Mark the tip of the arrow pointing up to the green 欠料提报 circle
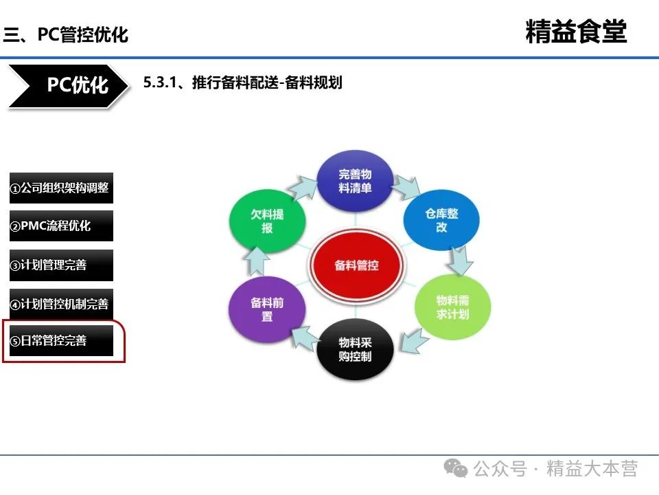coord(257,247)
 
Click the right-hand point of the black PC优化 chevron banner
coord(128,86)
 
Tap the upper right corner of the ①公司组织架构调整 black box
coord(113,173)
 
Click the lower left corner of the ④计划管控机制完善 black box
coord(10,319)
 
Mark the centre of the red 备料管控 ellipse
coord(356,265)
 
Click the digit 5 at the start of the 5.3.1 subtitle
coord(147,82)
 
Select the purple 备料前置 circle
coord(267,309)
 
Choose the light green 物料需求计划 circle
coord(452,307)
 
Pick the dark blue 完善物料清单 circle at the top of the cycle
coord(355,181)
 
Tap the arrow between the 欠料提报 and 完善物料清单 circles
coord(303,188)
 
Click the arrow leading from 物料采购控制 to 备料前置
coord(305,338)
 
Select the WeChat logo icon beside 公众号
coord(456,468)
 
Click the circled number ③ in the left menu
coord(15,265)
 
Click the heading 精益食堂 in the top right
coord(576,32)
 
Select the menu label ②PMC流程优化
coord(50,226)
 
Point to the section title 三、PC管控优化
coord(66,34)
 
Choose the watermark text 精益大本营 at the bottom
coord(592,468)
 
